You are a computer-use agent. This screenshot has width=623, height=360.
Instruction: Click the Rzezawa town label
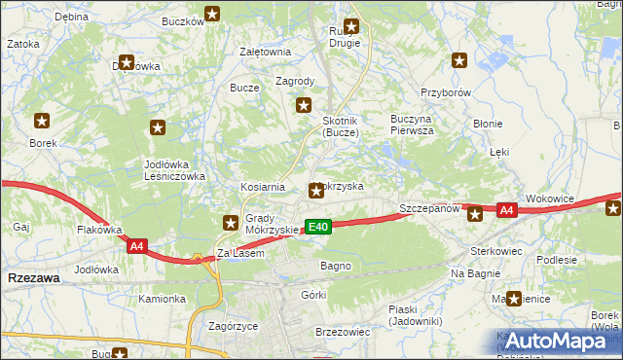[x=32, y=277]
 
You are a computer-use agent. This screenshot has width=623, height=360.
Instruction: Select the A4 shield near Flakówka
[x=136, y=246]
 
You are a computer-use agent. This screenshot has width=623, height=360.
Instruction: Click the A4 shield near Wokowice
[x=505, y=209]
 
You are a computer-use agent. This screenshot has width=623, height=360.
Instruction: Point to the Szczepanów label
[x=429, y=209]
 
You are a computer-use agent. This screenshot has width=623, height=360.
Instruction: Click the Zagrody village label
[x=295, y=82]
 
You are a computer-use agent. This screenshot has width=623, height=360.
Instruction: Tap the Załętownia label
[x=266, y=53]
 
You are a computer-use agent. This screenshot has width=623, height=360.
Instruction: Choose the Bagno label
[x=335, y=265]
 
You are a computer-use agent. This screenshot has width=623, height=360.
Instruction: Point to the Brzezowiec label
[x=343, y=332]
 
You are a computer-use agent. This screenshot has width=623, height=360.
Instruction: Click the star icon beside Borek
[x=43, y=122]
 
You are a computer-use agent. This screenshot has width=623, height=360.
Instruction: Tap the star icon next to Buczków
[x=212, y=14]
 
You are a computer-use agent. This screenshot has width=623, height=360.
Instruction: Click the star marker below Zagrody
[x=304, y=106]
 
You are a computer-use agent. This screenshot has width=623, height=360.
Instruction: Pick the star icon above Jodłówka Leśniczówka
[x=158, y=127]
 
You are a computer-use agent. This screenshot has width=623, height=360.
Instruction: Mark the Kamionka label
[x=161, y=299]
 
